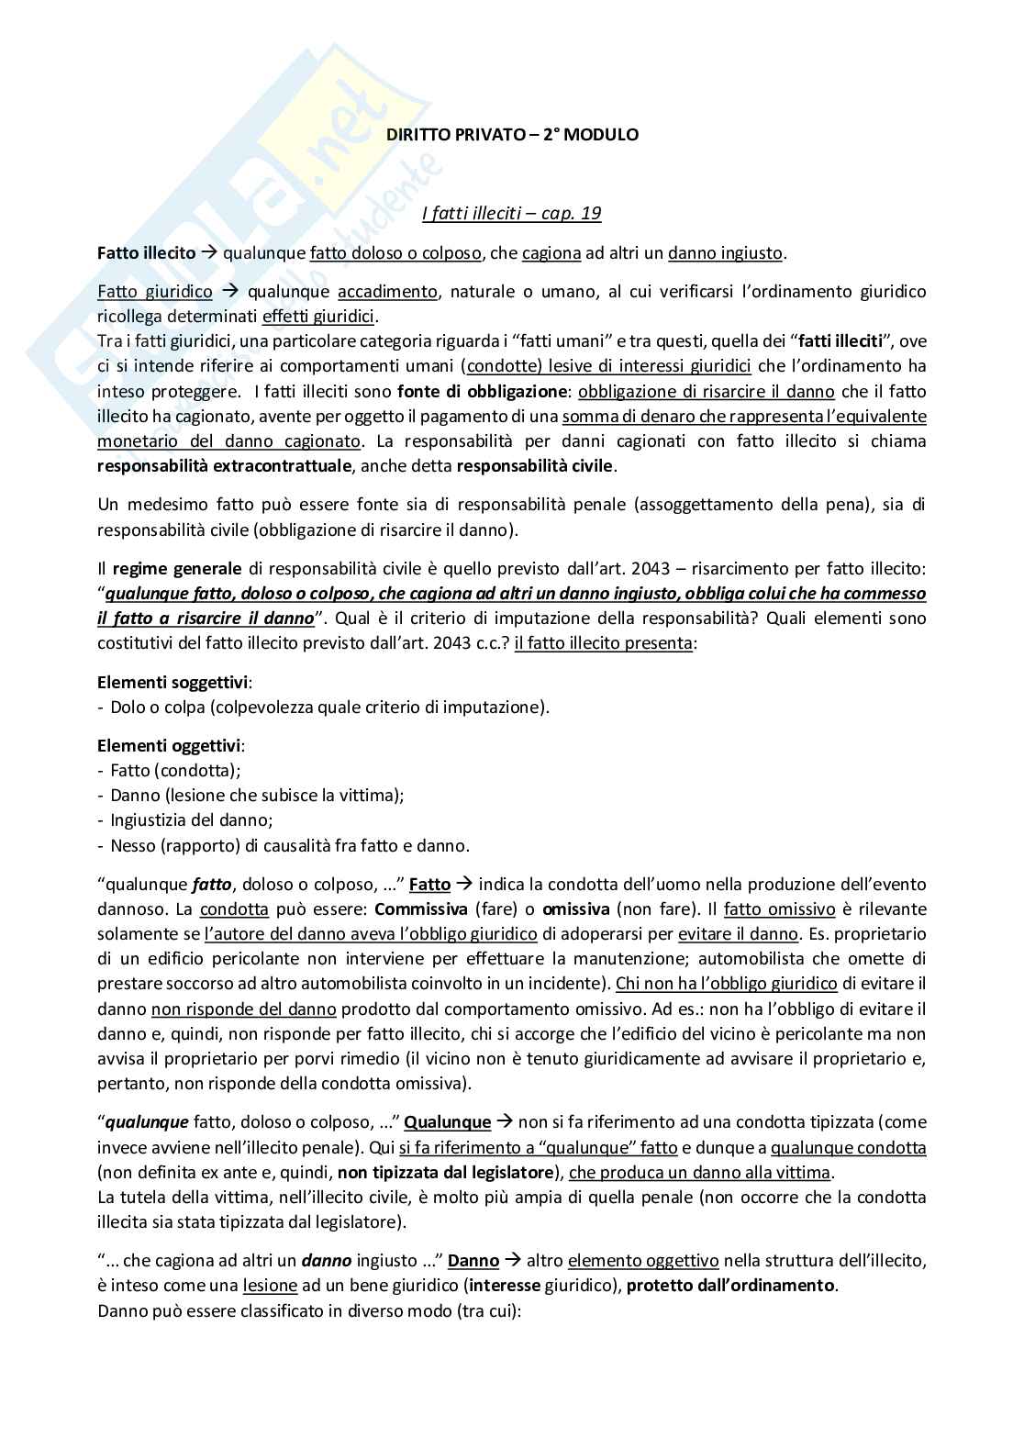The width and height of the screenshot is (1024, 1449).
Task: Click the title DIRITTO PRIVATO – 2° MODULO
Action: coord(511,135)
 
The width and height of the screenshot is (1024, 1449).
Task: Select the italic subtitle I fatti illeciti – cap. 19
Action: coord(511,214)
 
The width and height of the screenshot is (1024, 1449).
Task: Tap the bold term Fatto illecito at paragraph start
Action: coord(146,253)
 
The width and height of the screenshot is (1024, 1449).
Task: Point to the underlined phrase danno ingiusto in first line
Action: coord(725,253)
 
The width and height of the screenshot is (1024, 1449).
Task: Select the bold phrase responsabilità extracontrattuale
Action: coord(224,466)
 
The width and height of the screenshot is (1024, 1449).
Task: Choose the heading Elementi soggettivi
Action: coord(173,683)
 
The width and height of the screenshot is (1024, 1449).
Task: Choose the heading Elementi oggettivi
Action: coord(170,746)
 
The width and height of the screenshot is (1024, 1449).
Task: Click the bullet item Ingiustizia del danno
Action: coord(191,820)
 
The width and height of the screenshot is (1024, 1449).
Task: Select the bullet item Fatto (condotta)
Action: coord(174,771)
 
